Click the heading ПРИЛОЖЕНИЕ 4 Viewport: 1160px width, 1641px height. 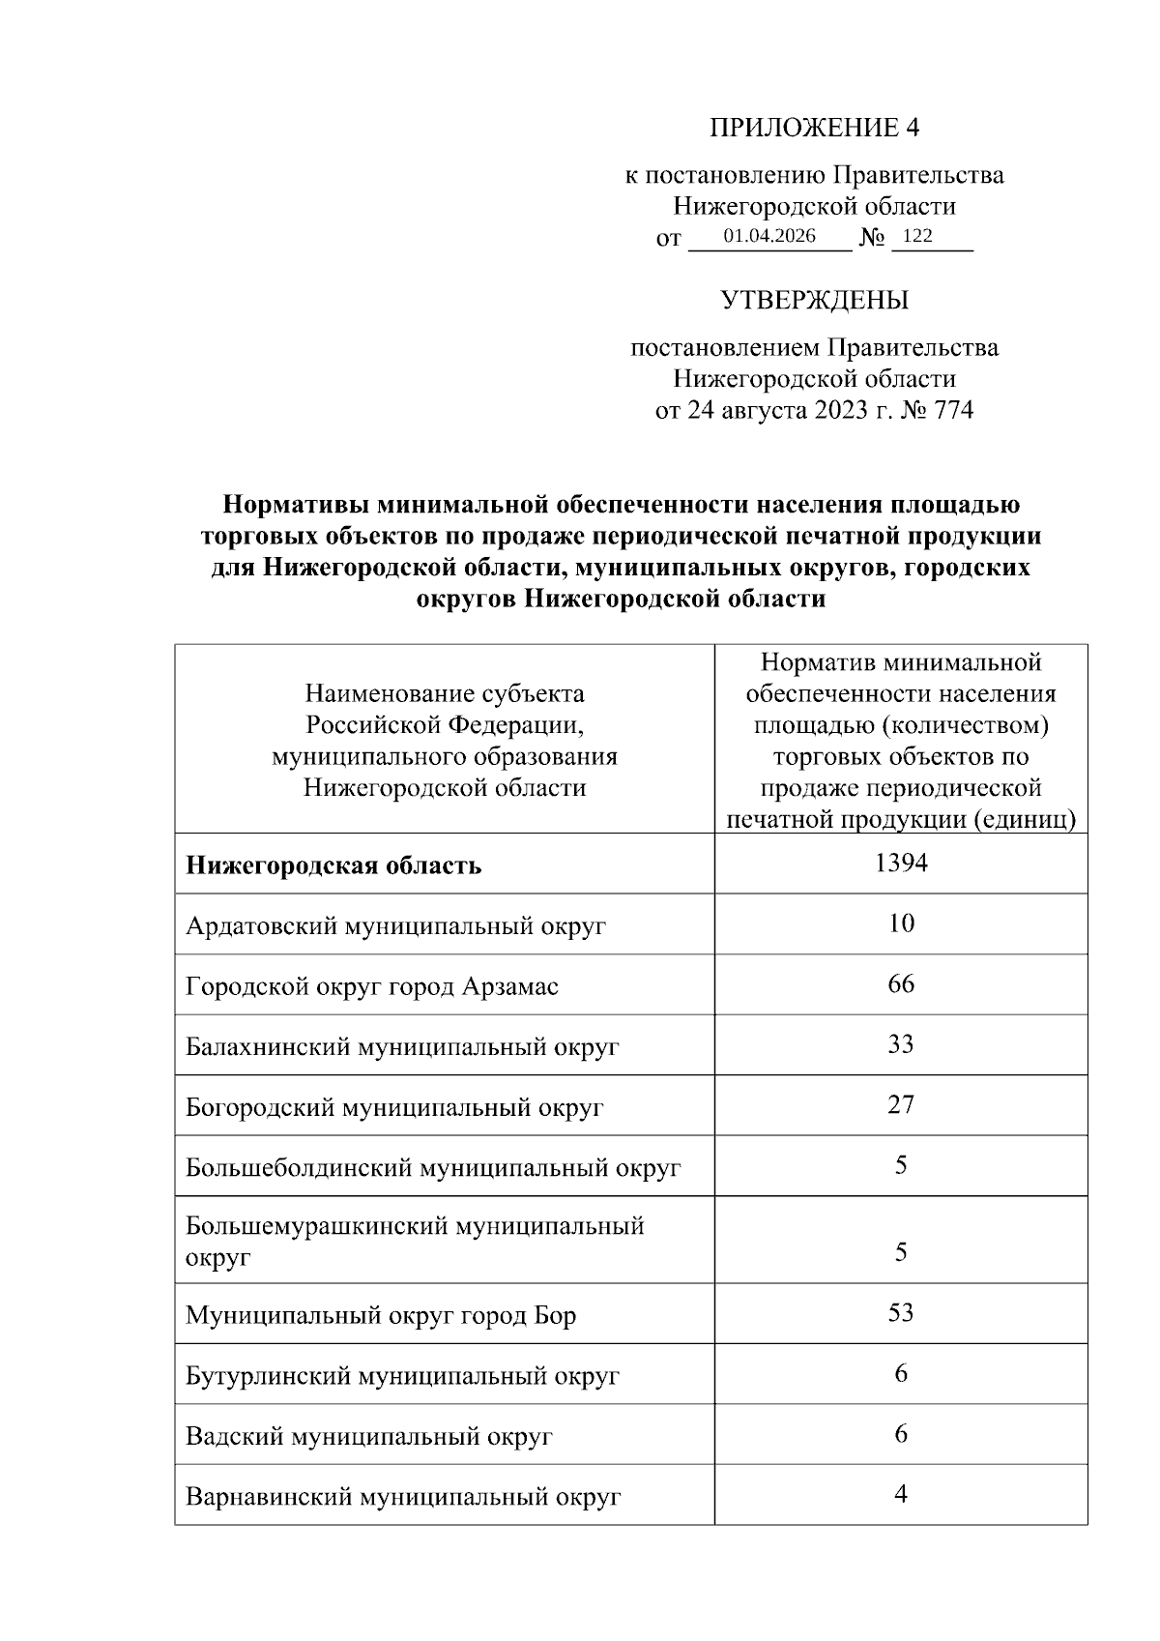[x=814, y=128]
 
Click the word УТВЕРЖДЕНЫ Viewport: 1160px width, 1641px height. [x=814, y=301]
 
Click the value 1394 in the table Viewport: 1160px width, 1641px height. [x=900, y=863]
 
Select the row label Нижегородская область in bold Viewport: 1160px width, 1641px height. [x=333, y=865]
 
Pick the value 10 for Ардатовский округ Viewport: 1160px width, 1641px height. [x=900, y=923]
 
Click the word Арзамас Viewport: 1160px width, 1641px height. [x=510, y=987]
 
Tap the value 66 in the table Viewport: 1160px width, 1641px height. [x=900, y=984]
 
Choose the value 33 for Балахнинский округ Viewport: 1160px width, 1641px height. [x=900, y=1044]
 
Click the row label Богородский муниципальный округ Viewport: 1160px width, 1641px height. [x=394, y=1108]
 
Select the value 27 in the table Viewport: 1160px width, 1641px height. [x=900, y=1105]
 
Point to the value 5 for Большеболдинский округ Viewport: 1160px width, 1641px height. [x=900, y=1165]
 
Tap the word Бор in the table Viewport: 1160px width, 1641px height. [x=555, y=1316]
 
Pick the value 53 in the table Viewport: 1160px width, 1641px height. [x=900, y=1313]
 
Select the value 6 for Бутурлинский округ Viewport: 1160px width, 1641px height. [x=900, y=1373]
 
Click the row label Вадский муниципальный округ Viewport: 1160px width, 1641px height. [x=368, y=1437]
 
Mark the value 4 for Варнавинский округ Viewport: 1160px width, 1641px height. [x=900, y=1494]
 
